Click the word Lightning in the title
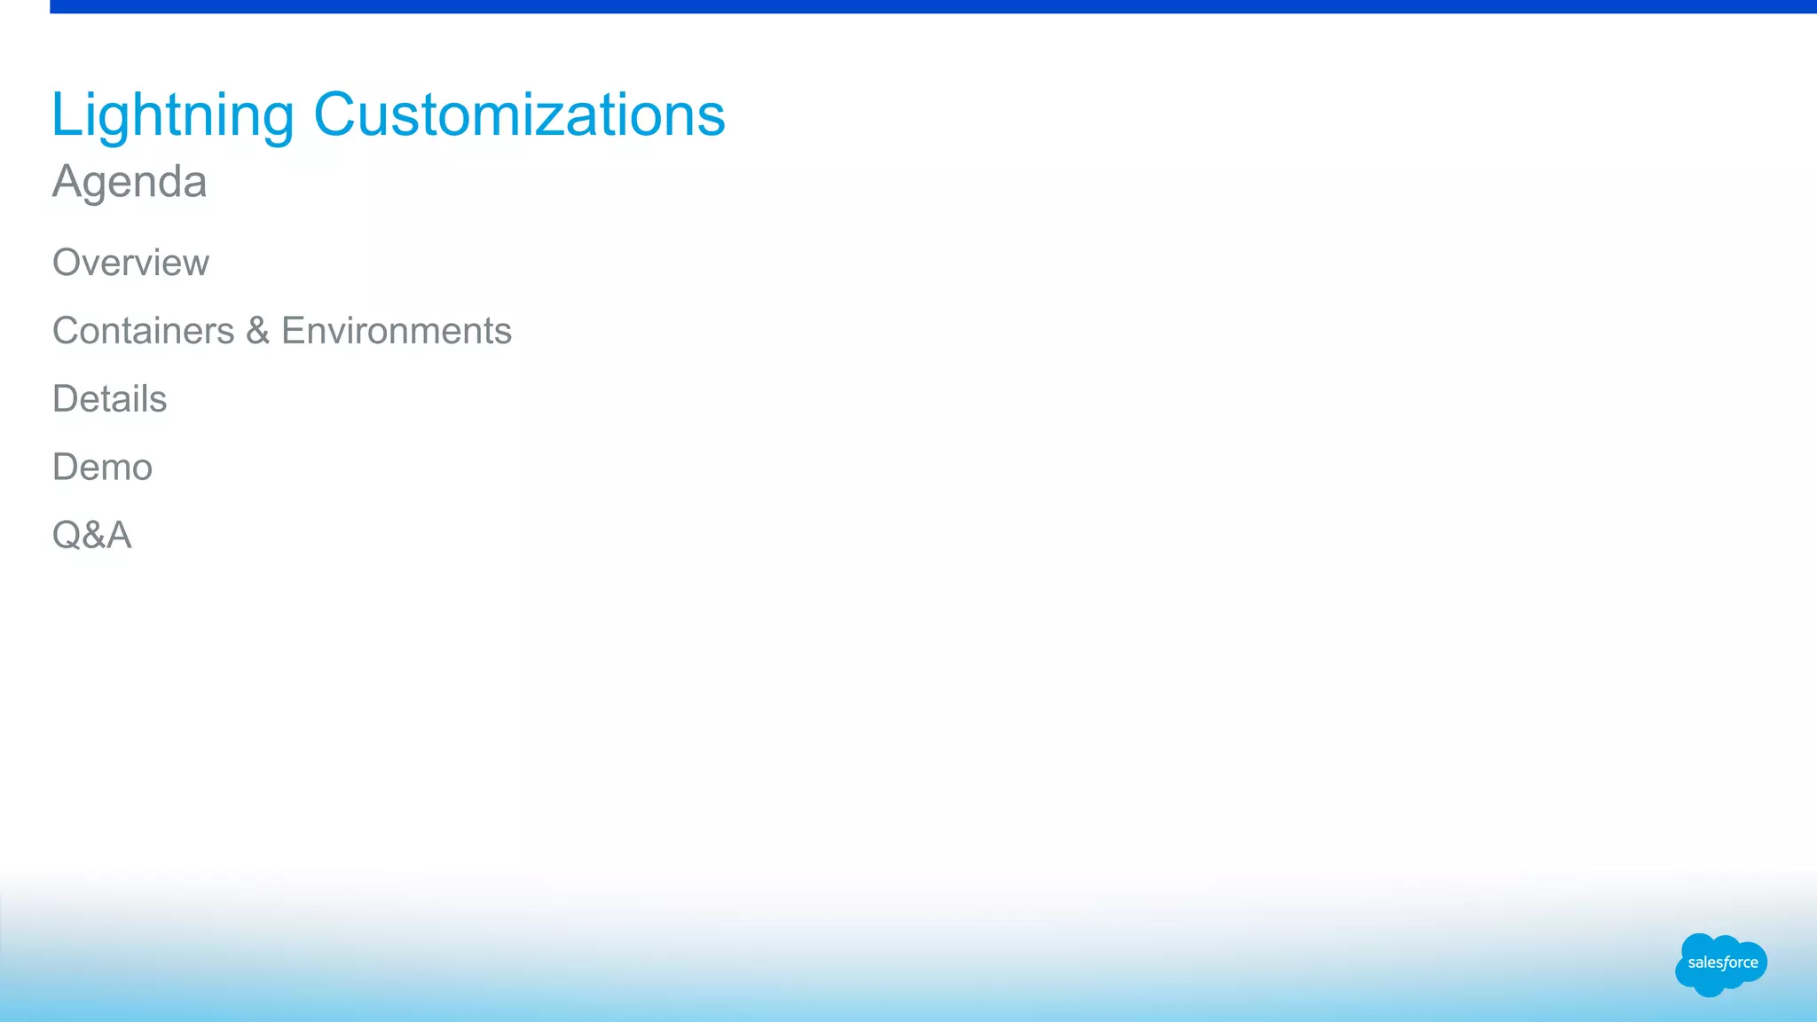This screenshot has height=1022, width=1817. pos(172,115)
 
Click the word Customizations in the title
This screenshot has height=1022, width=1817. pos(519,115)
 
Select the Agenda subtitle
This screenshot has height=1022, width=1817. pos(130,182)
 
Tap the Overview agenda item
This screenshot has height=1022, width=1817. pos(130,263)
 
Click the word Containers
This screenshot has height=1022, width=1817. pos(144,331)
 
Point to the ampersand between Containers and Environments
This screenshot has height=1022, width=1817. pos(258,331)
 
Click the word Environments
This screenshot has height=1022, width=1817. pos(397,331)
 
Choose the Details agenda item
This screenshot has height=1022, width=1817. pos(110,399)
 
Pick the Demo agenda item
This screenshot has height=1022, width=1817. pos(103,468)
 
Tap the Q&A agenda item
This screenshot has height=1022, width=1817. pos(92,535)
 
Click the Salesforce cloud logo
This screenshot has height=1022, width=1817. pos(1720,964)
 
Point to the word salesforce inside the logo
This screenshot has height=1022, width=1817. pos(1723,963)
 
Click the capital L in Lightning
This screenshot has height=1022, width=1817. pos(65,115)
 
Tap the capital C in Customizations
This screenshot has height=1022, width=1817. pos(336,115)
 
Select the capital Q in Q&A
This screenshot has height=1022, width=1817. pos(67,536)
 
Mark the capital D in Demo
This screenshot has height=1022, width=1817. pos(67,468)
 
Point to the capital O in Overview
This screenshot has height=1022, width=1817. pos(68,263)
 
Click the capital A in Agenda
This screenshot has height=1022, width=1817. pos(68,182)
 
